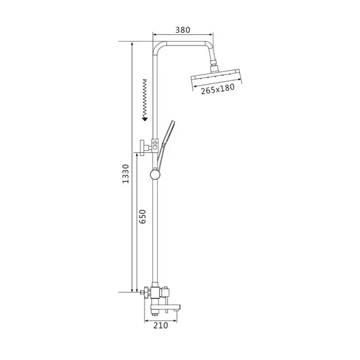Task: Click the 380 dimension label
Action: coord(183,30)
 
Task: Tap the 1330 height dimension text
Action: coord(126,174)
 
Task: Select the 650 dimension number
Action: coord(142,216)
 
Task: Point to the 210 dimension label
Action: coord(160,325)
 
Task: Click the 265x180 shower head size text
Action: coord(218,89)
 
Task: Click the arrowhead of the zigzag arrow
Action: coord(145,119)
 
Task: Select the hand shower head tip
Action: coord(172,123)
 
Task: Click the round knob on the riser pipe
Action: coord(155,175)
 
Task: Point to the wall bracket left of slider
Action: coord(145,147)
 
